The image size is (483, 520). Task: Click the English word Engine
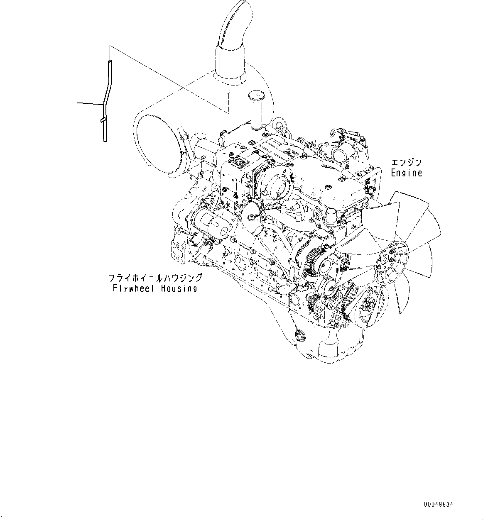[406, 173]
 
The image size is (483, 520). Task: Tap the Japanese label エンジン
[406, 163]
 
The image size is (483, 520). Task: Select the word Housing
[179, 288]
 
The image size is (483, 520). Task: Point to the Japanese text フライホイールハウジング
[155, 278]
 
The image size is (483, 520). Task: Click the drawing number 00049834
[439, 505]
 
